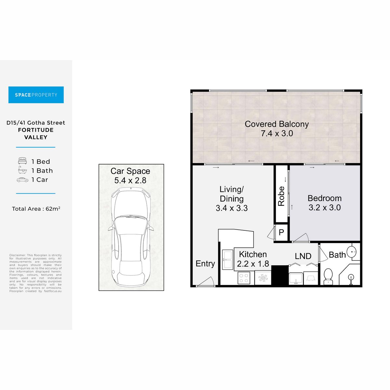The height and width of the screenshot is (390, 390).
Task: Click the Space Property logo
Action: pos(36,95)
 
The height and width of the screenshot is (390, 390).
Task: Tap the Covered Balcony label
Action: pos(277,124)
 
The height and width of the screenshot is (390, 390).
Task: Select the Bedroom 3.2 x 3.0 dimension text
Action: pos(324,207)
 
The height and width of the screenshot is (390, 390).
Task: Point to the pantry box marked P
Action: pos(281,232)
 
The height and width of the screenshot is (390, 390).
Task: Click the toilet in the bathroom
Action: pos(328,277)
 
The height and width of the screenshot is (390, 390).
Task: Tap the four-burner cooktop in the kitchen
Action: pos(244,278)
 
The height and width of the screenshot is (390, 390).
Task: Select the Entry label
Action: pos(205,264)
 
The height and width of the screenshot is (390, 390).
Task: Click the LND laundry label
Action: pos(303,256)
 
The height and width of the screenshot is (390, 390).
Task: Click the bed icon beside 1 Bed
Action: pos(22,161)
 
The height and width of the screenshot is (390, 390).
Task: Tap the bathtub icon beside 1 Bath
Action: pos(22,170)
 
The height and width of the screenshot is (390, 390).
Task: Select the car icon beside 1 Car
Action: pos(22,180)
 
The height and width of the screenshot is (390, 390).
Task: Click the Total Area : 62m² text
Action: pos(36,209)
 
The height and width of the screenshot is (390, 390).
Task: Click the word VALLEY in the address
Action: pos(36,137)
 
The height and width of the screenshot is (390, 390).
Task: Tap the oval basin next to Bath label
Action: pos(352,252)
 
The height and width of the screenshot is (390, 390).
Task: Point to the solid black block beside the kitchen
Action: pos(280,275)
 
